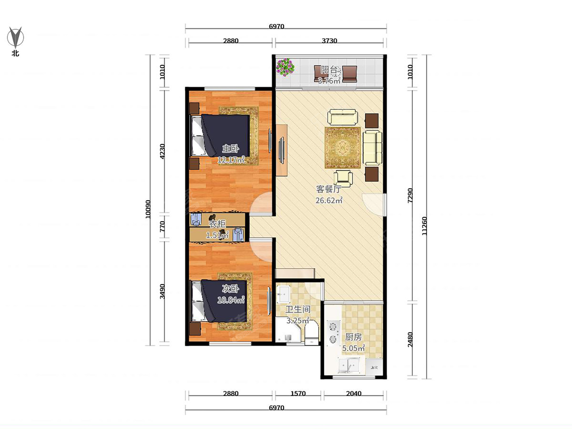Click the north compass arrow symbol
click(x=15, y=37)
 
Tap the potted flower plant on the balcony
click(x=286, y=67)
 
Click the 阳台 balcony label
click(x=329, y=70)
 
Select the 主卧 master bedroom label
click(x=231, y=149)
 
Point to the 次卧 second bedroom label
click(x=231, y=289)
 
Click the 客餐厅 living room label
click(x=328, y=189)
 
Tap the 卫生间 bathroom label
click(x=298, y=309)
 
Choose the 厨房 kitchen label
click(x=353, y=337)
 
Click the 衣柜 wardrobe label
click(x=217, y=224)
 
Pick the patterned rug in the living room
click(x=342, y=148)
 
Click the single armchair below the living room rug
click(x=343, y=178)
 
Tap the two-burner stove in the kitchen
click(x=333, y=333)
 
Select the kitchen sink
click(x=349, y=366)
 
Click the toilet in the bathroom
click(x=312, y=333)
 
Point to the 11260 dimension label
click(x=424, y=226)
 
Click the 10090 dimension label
click(x=148, y=209)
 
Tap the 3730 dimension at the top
click(x=329, y=41)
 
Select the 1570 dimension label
click(x=298, y=393)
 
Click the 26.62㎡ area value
click(x=329, y=200)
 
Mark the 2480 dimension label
click(x=410, y=339)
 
